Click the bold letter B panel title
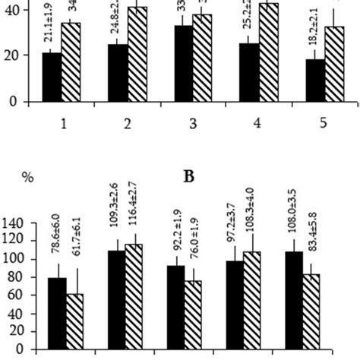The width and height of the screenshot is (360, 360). (191, 176)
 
